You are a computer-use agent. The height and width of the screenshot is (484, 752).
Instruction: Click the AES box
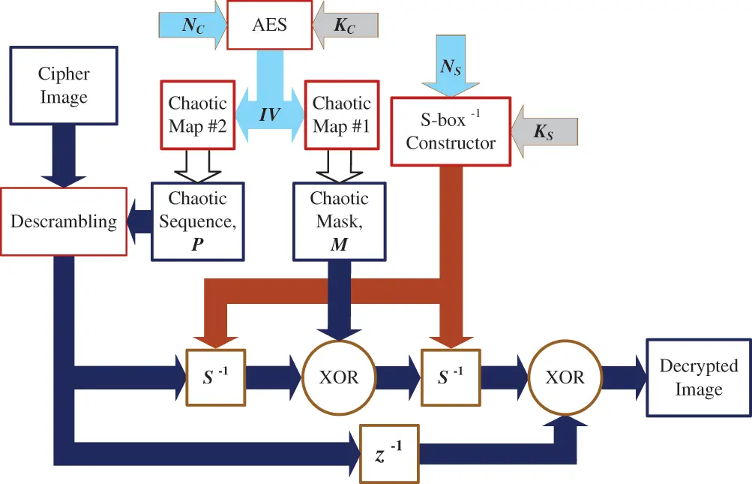point(268,26)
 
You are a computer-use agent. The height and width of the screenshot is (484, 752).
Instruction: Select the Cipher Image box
point(64,86)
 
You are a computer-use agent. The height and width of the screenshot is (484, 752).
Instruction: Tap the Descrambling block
point(64,221)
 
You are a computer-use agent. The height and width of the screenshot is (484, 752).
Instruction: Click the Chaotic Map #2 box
point(196,114)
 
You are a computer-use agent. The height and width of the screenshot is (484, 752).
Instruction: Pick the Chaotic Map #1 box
point(341,114)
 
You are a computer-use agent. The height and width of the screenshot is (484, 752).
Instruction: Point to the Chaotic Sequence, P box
point(197,221)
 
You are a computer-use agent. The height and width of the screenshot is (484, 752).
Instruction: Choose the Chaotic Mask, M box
point(340,221)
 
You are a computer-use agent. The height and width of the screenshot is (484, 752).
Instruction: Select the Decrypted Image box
point(699,377)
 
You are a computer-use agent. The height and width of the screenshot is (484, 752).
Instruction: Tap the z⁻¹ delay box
point(388,453)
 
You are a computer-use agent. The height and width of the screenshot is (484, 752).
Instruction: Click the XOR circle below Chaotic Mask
point(340,377)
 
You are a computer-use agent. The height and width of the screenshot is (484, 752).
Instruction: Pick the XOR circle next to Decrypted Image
point(566,377)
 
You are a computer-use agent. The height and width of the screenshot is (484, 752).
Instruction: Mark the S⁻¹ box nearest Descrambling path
point(214,377)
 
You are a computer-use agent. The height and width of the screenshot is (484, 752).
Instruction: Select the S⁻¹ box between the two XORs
point(451,377)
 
